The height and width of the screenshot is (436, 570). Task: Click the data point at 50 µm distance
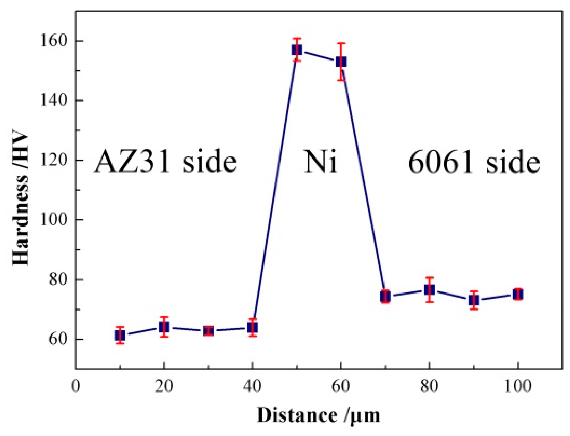click(297, 50)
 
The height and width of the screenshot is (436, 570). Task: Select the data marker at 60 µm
click(341, 62)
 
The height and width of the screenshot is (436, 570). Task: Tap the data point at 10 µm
click(120, 335)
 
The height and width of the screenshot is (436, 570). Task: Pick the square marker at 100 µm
click(518, 294)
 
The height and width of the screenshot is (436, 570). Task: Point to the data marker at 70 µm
click(385, 296)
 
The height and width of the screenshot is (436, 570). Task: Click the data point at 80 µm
click(429, 290)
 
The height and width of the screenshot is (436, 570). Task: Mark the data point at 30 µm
click(208, 331)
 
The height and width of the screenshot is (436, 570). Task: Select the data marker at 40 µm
click(252, 328)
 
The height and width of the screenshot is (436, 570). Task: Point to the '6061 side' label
click(474, 162)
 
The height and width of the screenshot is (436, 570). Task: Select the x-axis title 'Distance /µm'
click(319, 415)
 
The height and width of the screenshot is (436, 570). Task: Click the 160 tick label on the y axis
click(53, 41)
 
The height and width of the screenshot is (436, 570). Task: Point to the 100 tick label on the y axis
click(53, 220)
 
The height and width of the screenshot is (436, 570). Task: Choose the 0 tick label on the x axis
click(75, 386)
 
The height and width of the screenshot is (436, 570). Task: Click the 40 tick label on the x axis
click(252, 386)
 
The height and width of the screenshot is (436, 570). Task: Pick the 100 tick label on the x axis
click(518, 386)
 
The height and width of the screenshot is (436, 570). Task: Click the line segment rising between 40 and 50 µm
click(274, 189)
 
